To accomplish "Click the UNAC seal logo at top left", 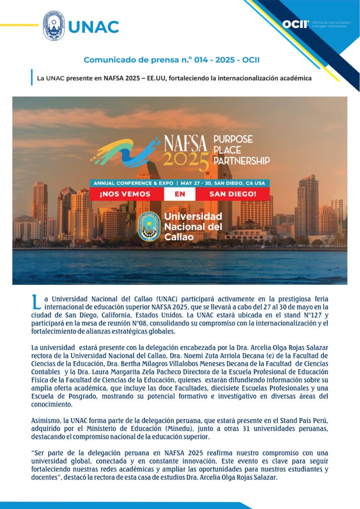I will click(x=53, y=26).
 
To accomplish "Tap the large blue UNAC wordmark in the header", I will click(x=93, y=26).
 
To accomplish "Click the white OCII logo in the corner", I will click(x=295, y=24).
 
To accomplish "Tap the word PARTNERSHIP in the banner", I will click(x=241, y=161).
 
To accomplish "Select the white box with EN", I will click(x=180, y=193).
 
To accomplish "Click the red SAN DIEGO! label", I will click(x=232, y=193).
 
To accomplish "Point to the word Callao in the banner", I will click(x=180, y=236).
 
